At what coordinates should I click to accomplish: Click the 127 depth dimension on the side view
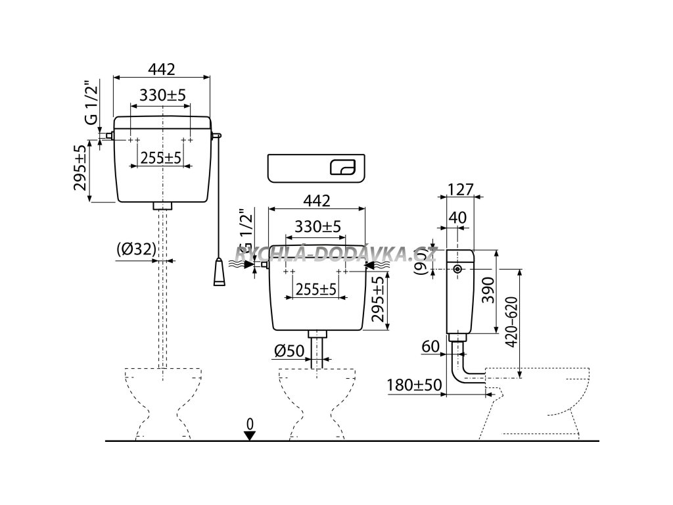point(460,189)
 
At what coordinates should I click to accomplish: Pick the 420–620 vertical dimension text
point(530,323)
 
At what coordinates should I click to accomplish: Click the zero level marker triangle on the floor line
point(249,435)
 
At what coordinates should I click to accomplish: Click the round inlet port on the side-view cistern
point(457,270)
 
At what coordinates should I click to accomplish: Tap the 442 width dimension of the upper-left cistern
point(162,68)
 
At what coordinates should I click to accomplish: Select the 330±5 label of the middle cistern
point(317,226)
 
